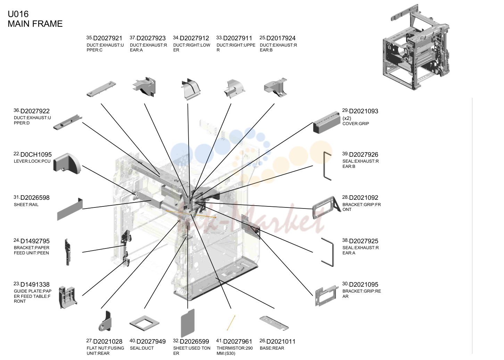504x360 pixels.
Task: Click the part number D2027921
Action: pos(108,38)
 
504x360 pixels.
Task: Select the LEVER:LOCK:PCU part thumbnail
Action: pos(67,163)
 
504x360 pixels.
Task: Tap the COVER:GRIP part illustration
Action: pos(327,122)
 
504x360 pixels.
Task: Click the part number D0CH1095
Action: pos(36,155)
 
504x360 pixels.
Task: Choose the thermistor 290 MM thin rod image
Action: pos(231,323)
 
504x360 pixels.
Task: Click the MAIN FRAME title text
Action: pos(35,24)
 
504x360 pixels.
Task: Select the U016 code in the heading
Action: pos(18,14)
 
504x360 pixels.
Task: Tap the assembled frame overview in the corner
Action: pos(416,47)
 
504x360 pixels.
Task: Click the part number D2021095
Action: pos(364,285)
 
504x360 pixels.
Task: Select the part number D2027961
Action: pos(238,342)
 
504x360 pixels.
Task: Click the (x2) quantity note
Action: pos(347,118)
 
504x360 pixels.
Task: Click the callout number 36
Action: pos(16,110)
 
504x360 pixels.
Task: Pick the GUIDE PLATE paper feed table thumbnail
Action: pos(68,297)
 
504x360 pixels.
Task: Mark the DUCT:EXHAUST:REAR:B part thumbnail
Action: pos(275,88)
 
